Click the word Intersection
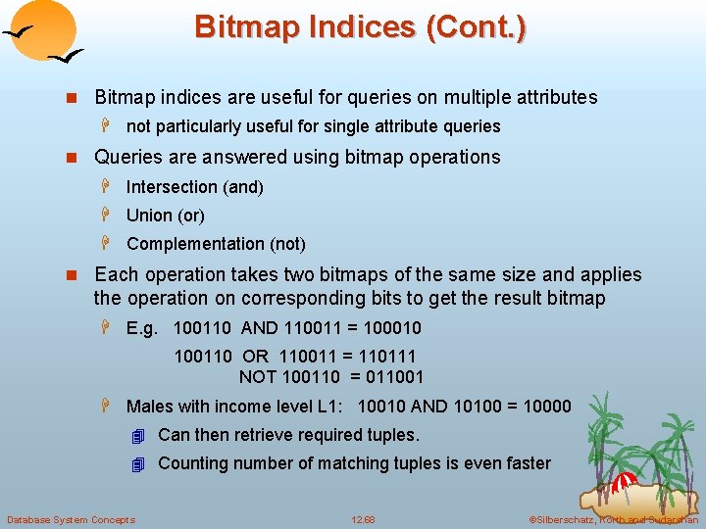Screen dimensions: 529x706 coord(172,186)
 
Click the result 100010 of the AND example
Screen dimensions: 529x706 coord(392,327)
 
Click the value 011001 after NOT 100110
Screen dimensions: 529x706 coord(392,376)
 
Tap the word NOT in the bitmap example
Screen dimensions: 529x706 coord(258,376)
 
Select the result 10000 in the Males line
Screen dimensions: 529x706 coord(544,406)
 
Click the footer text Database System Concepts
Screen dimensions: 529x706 coord(71,519)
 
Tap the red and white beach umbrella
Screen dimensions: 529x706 coord(626,483)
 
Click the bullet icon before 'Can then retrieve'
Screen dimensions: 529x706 coord(138,435)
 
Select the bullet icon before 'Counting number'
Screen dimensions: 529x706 coord(138,463)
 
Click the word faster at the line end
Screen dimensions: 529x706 coord(526,463)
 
